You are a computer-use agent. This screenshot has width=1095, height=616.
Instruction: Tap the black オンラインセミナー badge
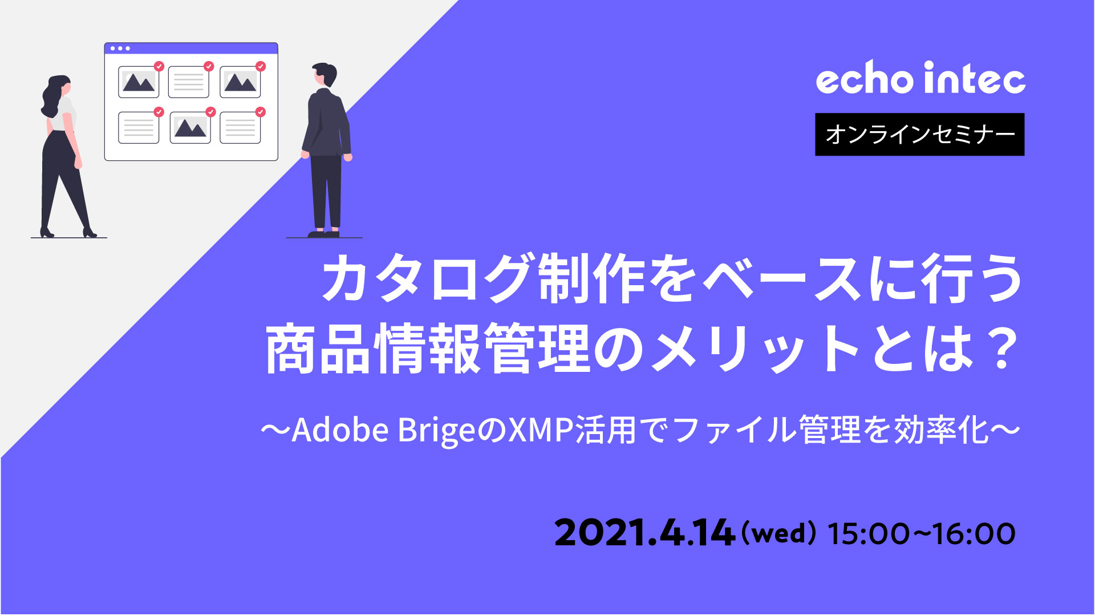pyautogui.click(x=920, y=135)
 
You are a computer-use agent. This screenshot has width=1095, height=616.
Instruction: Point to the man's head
pyautogui.click(x=325, y=75)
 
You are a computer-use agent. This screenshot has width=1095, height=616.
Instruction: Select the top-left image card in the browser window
pyautogui.click(x=139, y=82)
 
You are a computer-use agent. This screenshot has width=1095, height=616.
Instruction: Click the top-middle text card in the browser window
pyautogui.click(x=189, y=82)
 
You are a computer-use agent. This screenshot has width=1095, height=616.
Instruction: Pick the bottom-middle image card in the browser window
pyautogui.click(x=190, y=127)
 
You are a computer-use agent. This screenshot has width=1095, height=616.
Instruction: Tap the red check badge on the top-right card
pyautogui.click(x=261, y=66)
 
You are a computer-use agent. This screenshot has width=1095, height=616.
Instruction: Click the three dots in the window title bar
pyautogui.click(x=120, y=48)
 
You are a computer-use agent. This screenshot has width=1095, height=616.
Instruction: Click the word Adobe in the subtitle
pyautogui.click(x=340, y=430)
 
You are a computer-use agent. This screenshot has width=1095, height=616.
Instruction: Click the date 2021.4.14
pyautogui.click(x=644, y=533)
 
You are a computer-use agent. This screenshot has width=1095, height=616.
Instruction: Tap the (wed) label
pyautogui.click(x=778, y=533)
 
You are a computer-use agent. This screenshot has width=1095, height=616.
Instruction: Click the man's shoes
pyautogui.click(x=324, y=233)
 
